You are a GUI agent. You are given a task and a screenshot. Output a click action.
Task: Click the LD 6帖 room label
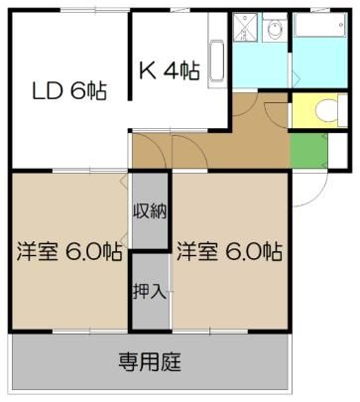coord(69,91)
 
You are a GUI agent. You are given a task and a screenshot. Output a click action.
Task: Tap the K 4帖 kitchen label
coord(170,70)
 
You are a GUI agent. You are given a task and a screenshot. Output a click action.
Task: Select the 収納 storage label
coord(150,210)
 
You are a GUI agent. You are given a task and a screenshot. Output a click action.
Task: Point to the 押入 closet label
coord(150,292)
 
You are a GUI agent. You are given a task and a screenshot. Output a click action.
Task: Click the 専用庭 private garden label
coord(150,361)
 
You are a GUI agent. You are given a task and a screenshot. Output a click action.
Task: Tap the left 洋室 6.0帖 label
coord(69,252)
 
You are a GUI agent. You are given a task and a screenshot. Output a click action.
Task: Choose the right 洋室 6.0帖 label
coord(229,252)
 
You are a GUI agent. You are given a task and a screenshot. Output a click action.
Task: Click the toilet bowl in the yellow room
coord(326,110)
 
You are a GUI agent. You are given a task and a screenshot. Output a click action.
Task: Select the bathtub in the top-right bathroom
coord(320,25)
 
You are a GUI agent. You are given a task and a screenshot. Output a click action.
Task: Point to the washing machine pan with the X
coord(245,27)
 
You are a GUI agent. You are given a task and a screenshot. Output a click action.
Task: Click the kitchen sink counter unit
coord(217,51)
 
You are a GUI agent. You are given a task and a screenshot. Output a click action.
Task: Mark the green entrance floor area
coord(308,151)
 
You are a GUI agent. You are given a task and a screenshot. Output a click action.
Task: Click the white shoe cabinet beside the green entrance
coord(337,151)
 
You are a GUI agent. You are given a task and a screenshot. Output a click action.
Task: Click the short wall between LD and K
coord(131,56)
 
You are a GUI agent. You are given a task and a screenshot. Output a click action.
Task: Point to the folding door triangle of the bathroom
coord(296,79)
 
